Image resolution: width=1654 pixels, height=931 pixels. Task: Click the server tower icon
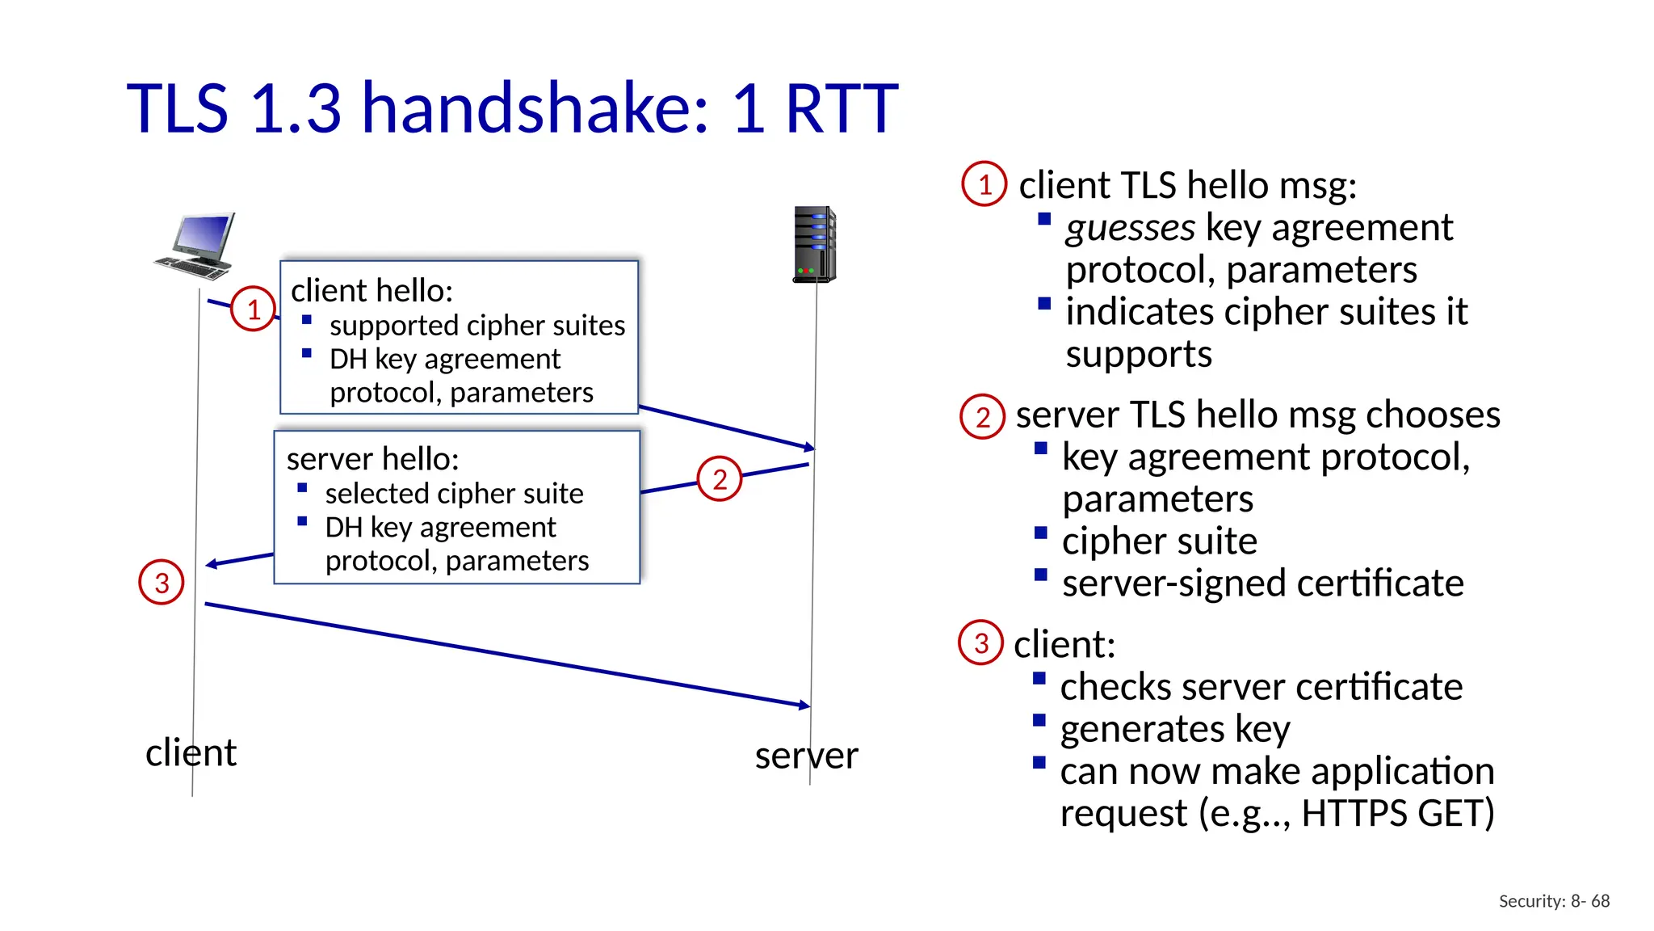coord(814,244)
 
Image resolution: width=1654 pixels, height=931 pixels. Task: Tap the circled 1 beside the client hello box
coord(254,309)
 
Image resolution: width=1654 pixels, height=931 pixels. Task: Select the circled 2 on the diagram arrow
coord(719,479)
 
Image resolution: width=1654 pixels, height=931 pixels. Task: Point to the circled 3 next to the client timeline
coord(162,583)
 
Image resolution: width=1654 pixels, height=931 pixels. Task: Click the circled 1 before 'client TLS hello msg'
coord(984,184)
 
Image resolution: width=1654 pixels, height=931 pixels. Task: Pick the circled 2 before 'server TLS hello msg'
coord(982,416)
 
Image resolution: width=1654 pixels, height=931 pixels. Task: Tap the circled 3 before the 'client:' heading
coord(980,642)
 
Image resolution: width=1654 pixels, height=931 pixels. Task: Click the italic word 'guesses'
coord(1129,228)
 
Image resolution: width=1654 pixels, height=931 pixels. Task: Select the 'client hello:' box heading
coord(372,290)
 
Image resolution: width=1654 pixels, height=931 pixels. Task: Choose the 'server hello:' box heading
coord(372,459)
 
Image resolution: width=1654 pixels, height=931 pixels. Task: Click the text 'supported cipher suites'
coord(476,325)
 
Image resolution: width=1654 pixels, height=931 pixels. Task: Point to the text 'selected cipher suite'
coord(454,493)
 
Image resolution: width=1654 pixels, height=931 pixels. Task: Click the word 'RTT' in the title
coord(840,108)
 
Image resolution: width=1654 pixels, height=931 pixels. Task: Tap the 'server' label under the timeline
coord(806,756)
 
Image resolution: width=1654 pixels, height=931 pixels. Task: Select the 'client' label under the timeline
coord(191,752)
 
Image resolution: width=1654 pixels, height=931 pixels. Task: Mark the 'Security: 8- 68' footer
coord(1554,901)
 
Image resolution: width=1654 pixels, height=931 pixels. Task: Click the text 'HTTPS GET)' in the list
coord(1397,813)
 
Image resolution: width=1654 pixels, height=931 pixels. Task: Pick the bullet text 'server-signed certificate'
coord(1262,583)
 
